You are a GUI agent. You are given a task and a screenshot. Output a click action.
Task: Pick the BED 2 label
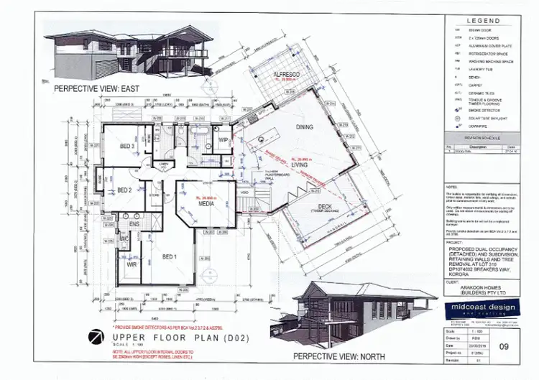point(124,191)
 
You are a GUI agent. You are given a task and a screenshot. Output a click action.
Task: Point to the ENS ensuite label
point(134,224)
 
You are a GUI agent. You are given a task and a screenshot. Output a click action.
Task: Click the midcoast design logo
point(475,309)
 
